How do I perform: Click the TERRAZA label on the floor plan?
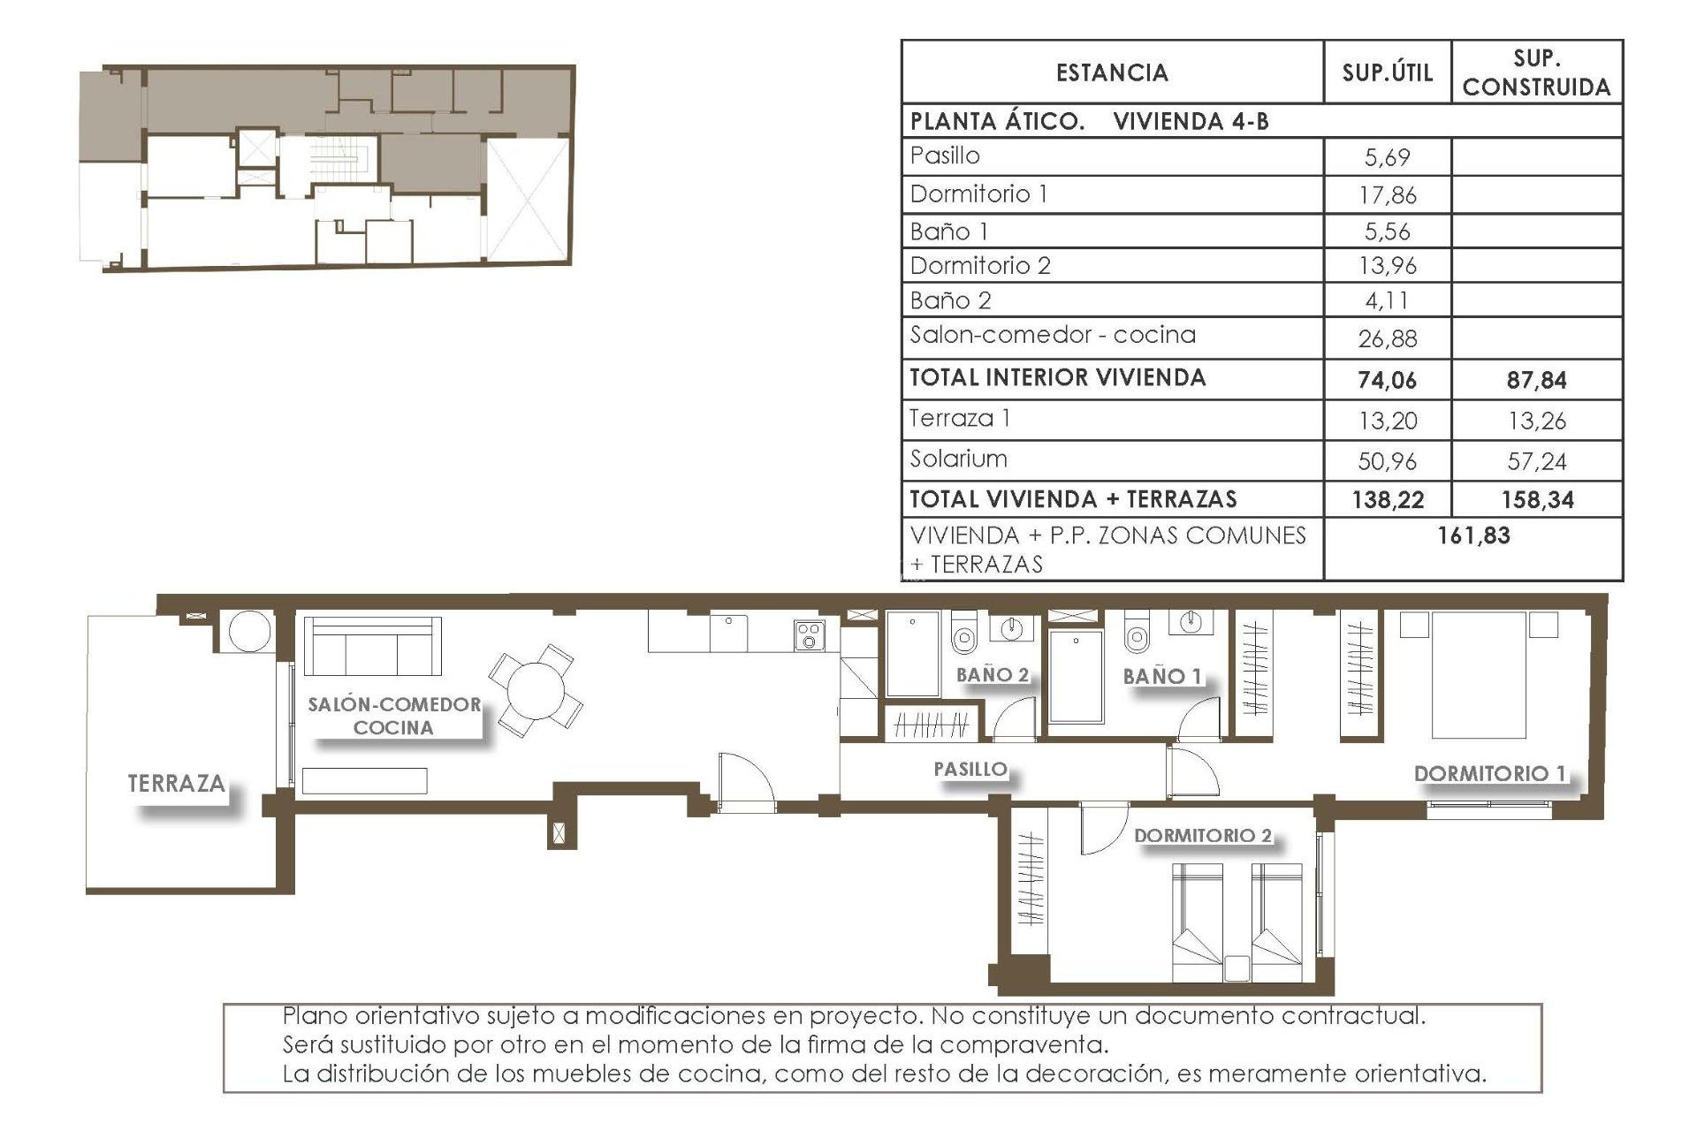tap(177, 783)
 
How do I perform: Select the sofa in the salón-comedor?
tap(372, 646)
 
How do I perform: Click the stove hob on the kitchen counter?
tap(810, 635)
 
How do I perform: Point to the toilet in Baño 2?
tap(963, 634)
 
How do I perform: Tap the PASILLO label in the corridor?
tap(970, 769)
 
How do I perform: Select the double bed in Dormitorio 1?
tap(1479, 676)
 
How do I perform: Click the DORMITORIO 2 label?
tap(1202, 835)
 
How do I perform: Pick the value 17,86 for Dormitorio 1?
tap(1387, 195)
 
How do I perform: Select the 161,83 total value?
tap(1473, 535)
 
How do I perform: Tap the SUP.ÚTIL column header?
tap(1387, 72)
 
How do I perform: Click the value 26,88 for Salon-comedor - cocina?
tap(1387, 338)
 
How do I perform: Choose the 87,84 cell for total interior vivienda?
tap(1536, 381)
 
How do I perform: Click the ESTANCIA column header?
tap(1112, 72)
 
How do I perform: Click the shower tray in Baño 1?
tap(1076, 676)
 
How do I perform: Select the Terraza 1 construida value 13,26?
tap(1536, 421)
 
